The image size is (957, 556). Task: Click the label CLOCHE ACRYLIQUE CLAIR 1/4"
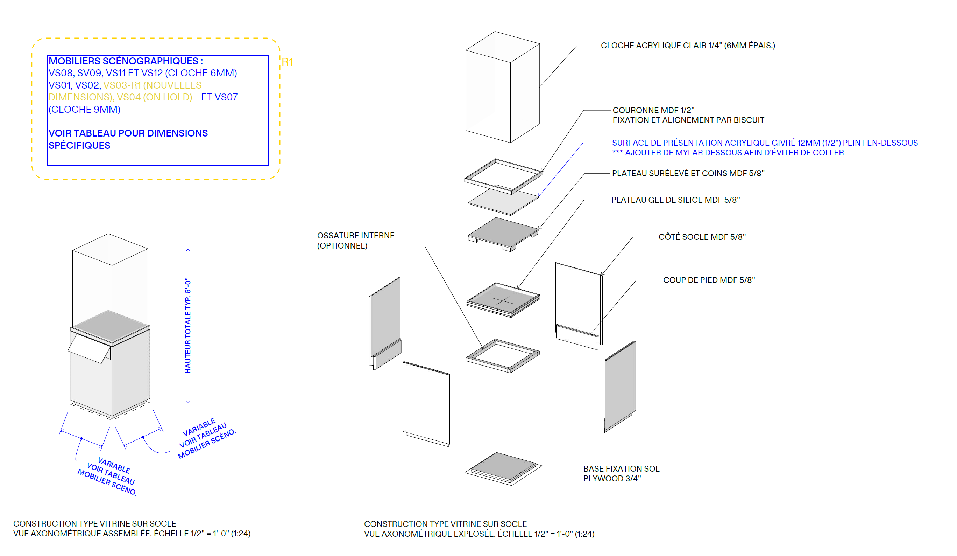687,46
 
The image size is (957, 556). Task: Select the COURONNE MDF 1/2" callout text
653,110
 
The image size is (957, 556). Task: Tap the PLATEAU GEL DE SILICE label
675,200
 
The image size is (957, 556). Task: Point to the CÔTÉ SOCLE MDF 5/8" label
702,237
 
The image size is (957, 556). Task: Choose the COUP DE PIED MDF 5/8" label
709,280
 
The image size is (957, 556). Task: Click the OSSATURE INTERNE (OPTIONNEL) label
355,241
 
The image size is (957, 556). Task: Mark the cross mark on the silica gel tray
502,301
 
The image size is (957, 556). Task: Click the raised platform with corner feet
503,232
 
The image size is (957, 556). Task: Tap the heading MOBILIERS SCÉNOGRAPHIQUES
126,61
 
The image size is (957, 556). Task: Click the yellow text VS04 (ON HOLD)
155,97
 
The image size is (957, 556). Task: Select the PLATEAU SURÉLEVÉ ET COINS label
688,173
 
